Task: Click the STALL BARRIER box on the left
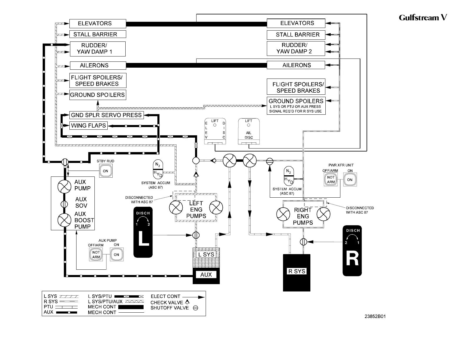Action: click(98, 34)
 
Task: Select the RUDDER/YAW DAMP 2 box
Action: click(296, 48)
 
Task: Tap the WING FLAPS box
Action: click(88, 126)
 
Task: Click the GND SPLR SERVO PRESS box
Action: click(106, 115)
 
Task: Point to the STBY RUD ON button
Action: click(106, 171)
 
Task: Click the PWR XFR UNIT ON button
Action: click(350, 179)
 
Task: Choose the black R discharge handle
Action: click(352, 251)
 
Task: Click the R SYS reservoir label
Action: click(297, 271)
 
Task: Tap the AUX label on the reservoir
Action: click(206, 274)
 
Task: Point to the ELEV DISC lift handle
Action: click(215, 131)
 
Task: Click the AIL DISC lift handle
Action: click(249, 131)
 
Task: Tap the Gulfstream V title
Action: click(423, 17)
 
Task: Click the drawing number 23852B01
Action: click(375, 316)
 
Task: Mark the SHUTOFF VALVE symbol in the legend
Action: click(196, 308)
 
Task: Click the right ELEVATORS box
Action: click(296, 23)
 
